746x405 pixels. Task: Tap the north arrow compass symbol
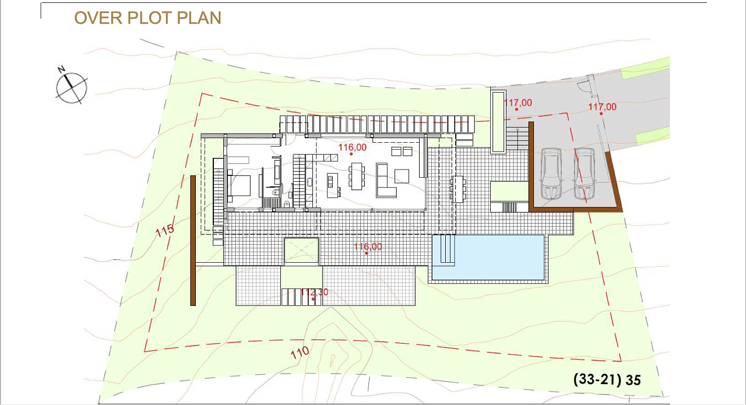click(71, 87)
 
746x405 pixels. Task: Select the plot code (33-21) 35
click(607, 380)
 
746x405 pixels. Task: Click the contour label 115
click(164, 230)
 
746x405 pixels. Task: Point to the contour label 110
click(300, 353)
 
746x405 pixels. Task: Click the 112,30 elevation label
click(314, 293)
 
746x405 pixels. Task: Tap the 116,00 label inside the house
click(353, 147)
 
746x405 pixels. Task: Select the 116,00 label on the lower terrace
click(368, 246)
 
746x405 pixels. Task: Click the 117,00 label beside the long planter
click(518, 103)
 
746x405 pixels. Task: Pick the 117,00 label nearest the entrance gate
click(602, 107)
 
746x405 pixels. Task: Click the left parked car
click(551, 174)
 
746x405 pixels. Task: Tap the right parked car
click(585, 174)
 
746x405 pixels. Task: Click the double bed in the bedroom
click(239, 185)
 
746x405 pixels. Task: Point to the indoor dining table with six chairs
click(357, 176)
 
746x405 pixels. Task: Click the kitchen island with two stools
click(333, 185)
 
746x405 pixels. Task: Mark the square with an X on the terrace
click(301, 250)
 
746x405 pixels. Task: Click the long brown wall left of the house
click(193, 241)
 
